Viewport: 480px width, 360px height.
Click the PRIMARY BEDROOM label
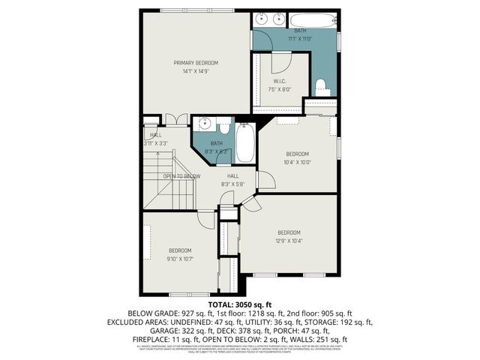(x=196, y=62)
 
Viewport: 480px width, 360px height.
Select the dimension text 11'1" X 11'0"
(x=300, y=38)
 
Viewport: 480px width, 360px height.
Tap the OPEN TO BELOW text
(x=181, y=176)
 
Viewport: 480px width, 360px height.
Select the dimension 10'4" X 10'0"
(x=297, y=161)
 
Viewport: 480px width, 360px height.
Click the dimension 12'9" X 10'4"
(x=289, y=241)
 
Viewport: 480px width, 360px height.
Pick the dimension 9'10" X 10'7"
(x=179, y=259)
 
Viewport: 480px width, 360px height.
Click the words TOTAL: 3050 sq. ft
(x=240, y=305)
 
